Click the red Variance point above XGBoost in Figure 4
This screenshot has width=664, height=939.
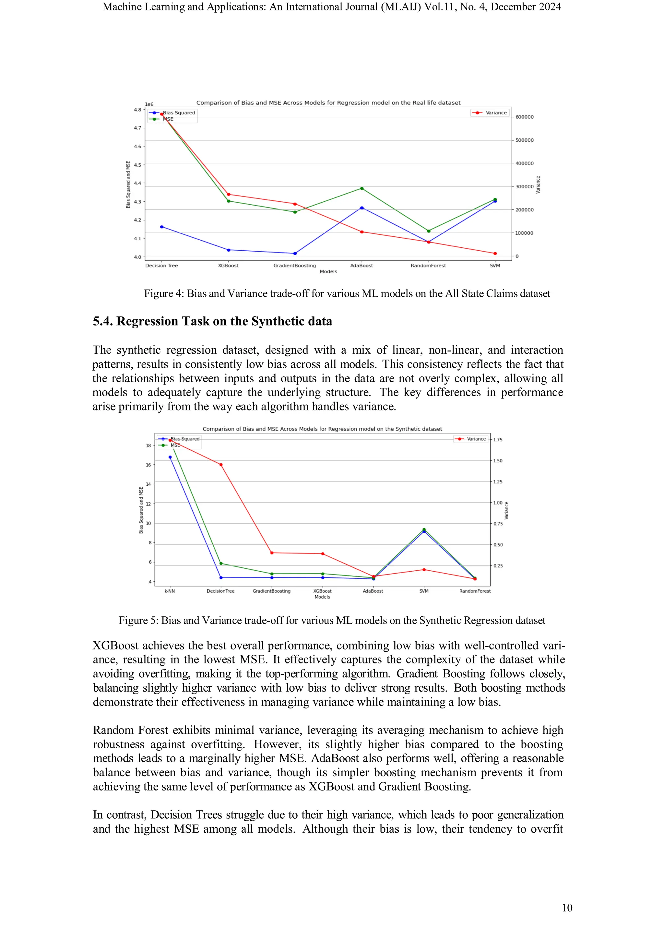click(228, 194)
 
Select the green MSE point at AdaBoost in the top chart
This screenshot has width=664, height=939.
click(362, 188)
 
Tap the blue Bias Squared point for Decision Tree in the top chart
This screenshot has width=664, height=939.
click(162, 227)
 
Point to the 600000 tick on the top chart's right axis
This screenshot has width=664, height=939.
click(524, 117)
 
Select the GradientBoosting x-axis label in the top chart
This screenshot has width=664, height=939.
click(295, 266)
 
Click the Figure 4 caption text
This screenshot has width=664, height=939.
click(347, 294)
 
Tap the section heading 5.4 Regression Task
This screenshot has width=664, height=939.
click(212, 321)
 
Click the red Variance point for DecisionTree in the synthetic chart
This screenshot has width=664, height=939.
click(221, 465)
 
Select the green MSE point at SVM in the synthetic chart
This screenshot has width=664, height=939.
click(424, 529)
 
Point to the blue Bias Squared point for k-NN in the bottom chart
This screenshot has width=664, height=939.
click(170, 457)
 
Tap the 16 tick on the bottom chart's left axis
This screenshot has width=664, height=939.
click(148, 465)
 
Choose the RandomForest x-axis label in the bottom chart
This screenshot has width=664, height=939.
click(475, 591)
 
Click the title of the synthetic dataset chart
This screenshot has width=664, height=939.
click(322, 429)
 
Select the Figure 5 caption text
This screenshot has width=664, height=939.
click(332, 620)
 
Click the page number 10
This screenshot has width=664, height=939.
click(567, 908)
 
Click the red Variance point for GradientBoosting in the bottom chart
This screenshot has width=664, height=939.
click(272, 553)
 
